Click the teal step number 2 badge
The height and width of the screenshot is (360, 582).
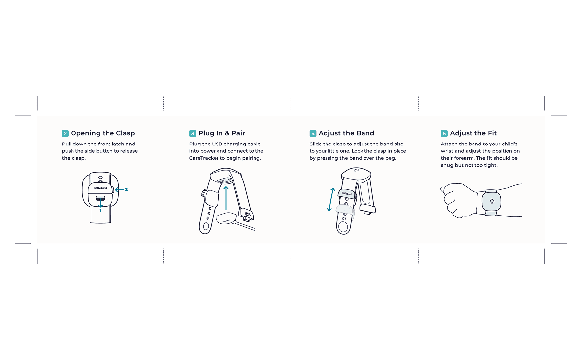click(x=65, y=133)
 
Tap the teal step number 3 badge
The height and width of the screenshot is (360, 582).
click(x=193, y=133)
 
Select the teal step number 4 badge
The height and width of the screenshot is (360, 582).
click(x=313, y=133)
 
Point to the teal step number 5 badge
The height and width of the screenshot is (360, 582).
click(x=444, y=133)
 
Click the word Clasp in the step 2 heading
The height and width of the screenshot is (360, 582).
click(x=125, y=133)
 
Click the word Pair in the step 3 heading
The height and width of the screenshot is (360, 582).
click(x=238, y=133)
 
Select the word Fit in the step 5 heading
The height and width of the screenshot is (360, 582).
click(x=492, y=133)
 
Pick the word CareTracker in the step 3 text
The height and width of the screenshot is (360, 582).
click(x=204, y=158)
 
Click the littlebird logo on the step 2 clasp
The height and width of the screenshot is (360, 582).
click(x=100, y=188)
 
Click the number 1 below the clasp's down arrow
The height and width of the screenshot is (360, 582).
click(x=100, y=211)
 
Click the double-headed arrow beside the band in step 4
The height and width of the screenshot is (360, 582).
click(x=331, y=199)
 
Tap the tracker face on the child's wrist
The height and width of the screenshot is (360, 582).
click(x=491, y=202)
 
